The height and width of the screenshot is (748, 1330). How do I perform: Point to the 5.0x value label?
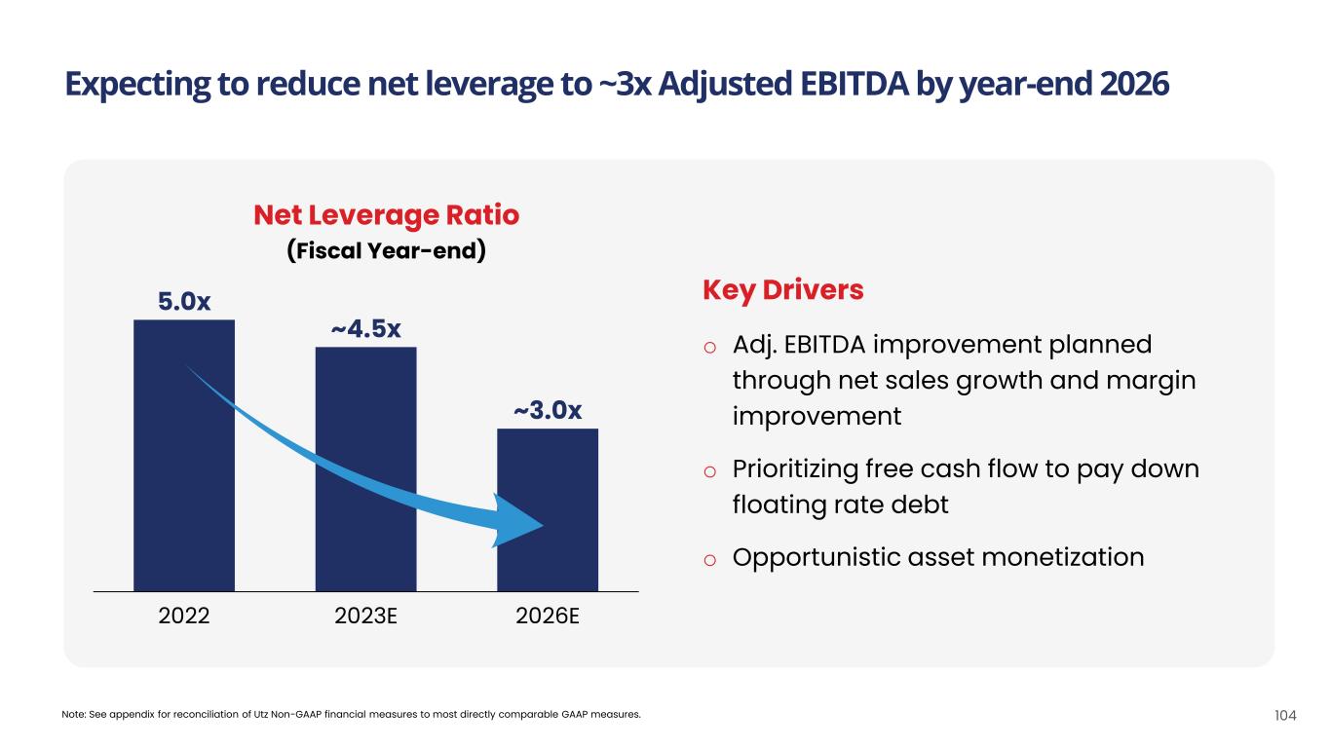[x=184, y=302]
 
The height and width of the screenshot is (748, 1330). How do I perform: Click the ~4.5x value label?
[x=365, y=329]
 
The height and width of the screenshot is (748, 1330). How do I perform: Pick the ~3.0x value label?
[x=548, y=411]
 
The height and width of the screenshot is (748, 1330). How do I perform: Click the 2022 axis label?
[x=183, y=617]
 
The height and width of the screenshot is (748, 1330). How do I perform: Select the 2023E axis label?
[x=365, y=617]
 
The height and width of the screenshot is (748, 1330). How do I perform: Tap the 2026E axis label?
[x=548, y=617]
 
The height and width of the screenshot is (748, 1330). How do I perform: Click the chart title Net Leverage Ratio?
[x=386, y=214]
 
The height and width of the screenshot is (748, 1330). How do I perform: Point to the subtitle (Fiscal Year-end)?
[x=386, y=250]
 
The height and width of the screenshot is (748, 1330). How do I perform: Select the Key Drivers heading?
[x=782, y=290]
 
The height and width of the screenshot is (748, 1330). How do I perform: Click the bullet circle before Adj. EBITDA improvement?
[x=710, y=347]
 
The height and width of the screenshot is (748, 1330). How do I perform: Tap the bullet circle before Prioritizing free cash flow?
[x=710, y=471]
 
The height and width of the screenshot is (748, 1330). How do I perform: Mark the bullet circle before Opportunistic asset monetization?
[x=710, y=559]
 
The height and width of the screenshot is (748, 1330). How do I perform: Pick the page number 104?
[x=1285, y=715]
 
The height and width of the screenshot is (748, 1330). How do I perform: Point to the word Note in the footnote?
[x=73, y=715]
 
